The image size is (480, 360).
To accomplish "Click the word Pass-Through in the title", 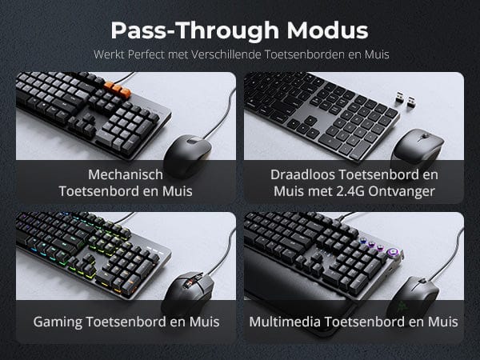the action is [194, 31].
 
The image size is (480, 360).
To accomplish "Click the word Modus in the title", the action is [327, 30].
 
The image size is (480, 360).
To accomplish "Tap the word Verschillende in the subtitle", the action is [226, 54].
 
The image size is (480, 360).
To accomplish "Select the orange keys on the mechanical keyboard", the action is [118, 88].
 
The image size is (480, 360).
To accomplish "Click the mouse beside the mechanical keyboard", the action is [186, 154].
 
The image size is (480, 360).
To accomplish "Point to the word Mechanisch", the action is [126, 174].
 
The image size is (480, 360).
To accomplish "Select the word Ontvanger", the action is [402, 192].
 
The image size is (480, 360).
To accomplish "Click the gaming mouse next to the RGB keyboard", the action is [187, 291].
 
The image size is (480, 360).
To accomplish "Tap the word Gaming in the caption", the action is [58, 322].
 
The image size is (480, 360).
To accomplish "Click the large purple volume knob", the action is [392, 254].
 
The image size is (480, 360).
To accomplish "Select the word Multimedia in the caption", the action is [285, 322].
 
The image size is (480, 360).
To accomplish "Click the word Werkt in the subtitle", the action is [110, 54].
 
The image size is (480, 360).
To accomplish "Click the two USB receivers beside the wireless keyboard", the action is [404, 99].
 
